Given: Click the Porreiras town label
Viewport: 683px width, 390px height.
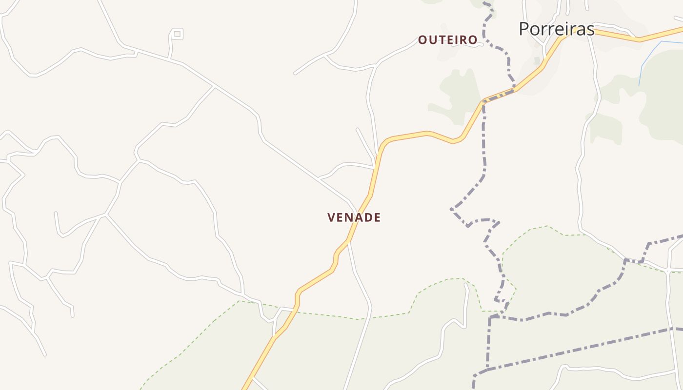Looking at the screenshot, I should click(x=556, y=29).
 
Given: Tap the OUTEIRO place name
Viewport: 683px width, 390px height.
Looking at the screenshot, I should click(x=447, y=40).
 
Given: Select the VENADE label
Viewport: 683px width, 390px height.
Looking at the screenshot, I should click(x=354, y=217).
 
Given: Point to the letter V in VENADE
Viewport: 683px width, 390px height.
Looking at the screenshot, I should click(x=332, y=217).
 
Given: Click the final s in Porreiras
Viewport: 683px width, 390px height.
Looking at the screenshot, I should click(x=591, y=30).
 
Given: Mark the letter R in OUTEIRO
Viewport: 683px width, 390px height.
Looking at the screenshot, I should click(x=464, y=40).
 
